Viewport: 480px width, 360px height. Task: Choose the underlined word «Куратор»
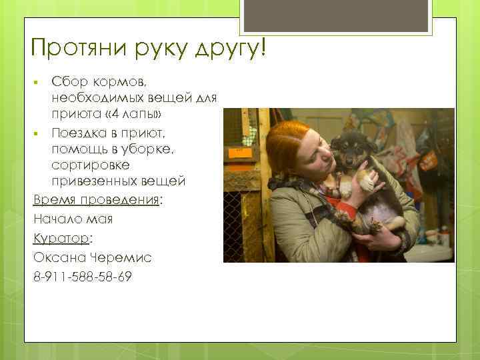pos(61,239)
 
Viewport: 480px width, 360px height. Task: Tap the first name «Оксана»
pos(55,257)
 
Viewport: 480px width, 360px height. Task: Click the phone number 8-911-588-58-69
pos(82,276)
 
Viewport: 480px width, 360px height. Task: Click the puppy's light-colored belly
pos(383,206)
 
